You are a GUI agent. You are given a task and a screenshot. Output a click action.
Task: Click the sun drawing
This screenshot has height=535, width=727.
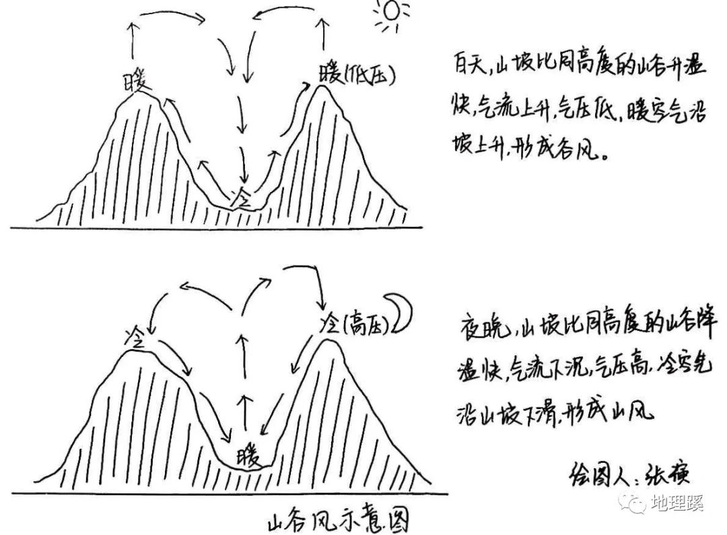[389, 13]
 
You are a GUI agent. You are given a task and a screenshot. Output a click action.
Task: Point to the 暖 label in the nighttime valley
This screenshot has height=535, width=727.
[247, 458]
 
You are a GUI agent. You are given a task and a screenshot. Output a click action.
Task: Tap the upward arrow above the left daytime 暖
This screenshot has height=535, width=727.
[133, 42]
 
